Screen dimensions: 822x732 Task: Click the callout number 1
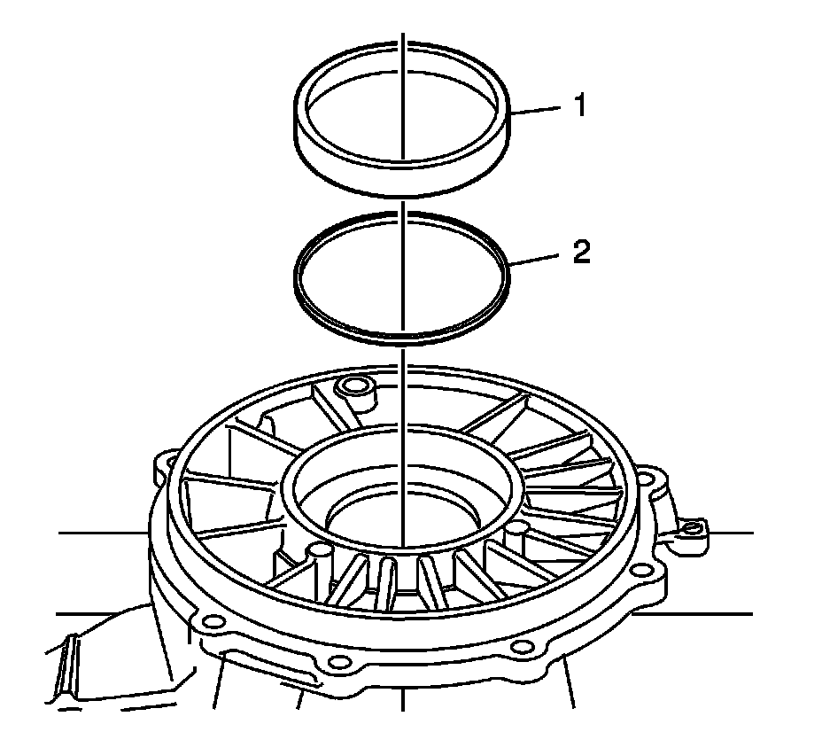point(579,106)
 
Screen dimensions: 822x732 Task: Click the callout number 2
point(580,253)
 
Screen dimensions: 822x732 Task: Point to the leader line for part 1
point(537,111)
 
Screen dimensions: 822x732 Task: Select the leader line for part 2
point(536,260)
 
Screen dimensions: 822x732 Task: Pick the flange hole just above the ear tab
point(655,479)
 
